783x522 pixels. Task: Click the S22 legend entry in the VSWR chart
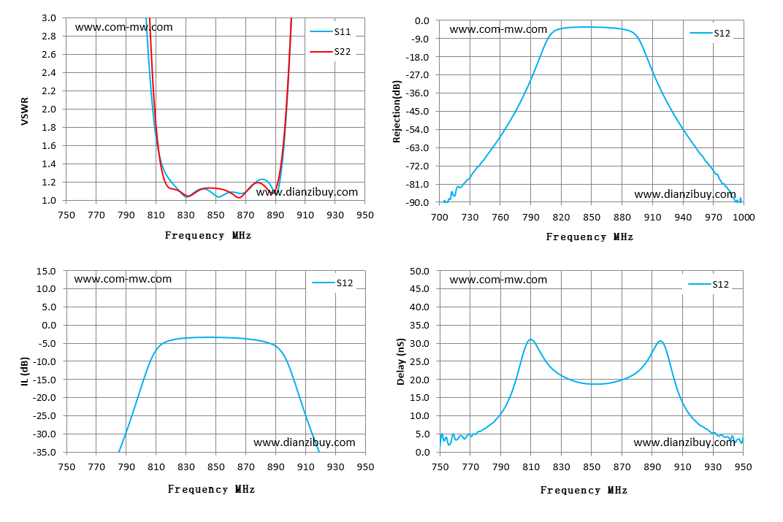click(331, 51)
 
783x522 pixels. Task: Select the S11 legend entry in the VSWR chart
click(331, 31)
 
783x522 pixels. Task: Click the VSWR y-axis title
click(25, 111)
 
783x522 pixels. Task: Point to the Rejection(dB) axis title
click(397, 111)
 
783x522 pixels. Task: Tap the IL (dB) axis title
click(25, 371)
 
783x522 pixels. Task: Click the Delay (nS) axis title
click(400, 362)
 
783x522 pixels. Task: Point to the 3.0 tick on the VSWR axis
click(49, 18)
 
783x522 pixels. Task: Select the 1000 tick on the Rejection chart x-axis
click(744, 217)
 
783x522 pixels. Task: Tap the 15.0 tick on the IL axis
click(46, 271)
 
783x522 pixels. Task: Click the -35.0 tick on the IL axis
click(45, 452)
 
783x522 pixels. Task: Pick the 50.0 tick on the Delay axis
click(419, 271)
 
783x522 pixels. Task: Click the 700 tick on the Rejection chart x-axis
click(440, 217)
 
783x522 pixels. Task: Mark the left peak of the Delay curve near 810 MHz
click(530, 339)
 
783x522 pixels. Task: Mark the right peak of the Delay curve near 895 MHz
click(660, 341)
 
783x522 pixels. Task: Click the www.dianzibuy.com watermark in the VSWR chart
click(307, 192)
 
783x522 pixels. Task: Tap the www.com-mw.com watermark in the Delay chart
click(498, 280)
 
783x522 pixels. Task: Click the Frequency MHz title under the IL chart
click(211, 489)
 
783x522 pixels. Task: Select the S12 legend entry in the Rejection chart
click(710, 33)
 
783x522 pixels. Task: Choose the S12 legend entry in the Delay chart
click(708, 284)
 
